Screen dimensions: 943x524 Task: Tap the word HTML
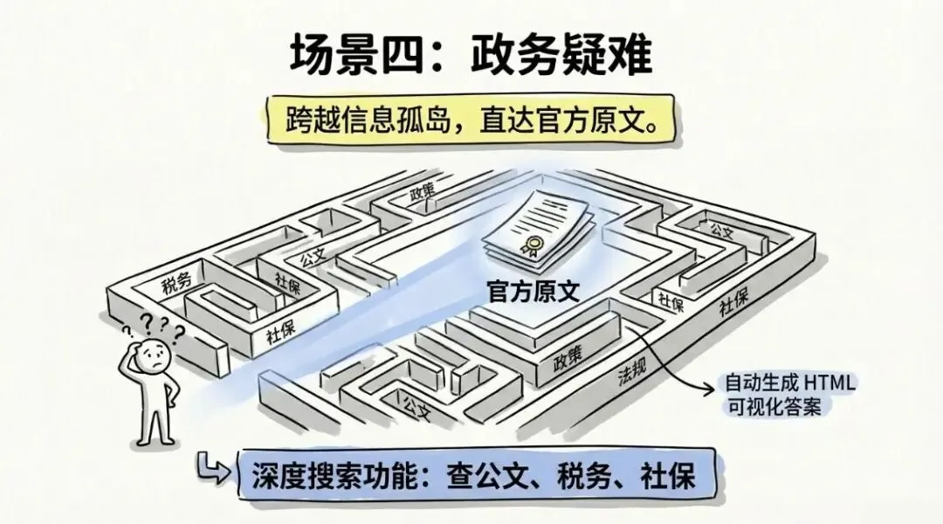pos(829,383)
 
